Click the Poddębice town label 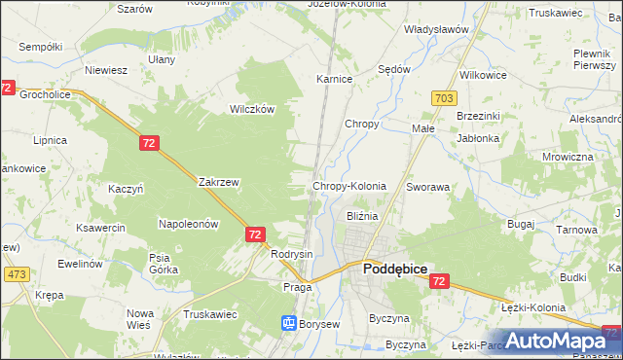(394, 269)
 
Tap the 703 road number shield (444, 98)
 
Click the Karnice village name (333, 79)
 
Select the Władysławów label (437, 29)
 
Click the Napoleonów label (188, 224)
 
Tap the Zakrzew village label (219, 181)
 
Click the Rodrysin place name (292, 254)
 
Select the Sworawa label (427, 186)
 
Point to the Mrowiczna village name (568, 157)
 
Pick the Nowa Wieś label (138, 318)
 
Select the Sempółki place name (40, 46)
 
